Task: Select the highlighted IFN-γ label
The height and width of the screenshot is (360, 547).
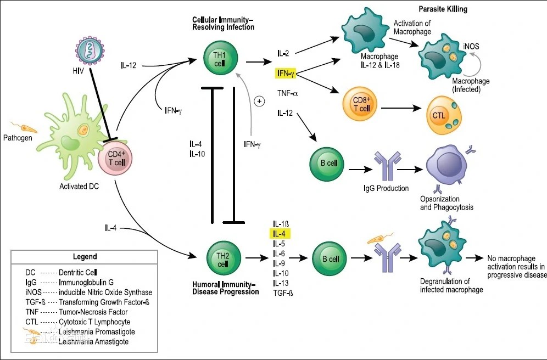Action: [287, 73]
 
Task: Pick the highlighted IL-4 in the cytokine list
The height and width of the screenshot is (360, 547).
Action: [281, 234]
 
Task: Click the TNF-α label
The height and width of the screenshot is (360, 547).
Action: [288, 93]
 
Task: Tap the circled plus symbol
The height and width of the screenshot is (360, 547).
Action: [260, 101]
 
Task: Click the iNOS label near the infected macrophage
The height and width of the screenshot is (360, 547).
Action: [471, 47]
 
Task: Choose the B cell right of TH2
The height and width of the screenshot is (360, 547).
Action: [329, 257]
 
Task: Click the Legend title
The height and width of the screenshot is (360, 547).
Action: [85, 256]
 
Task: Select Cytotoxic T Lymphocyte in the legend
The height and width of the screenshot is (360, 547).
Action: [94, 322]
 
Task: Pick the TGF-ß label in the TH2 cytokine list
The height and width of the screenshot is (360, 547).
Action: [283, 294]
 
